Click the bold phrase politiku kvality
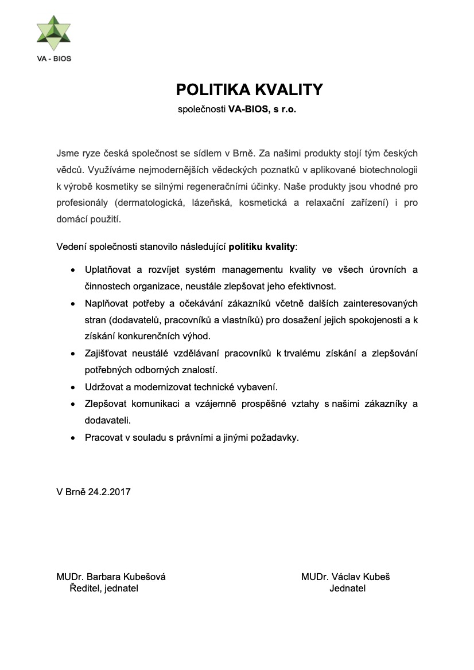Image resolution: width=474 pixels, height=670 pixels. (x=262, y=247)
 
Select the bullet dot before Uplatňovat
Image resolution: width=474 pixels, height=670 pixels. (x=72, y=269)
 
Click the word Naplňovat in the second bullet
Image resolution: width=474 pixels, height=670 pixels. (x=105, y=303)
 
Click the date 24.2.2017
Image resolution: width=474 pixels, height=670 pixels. (x=109, y=492)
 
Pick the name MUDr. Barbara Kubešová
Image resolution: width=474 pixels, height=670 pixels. (x=111, y=577)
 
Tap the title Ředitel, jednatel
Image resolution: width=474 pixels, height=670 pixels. (x=104, y=588)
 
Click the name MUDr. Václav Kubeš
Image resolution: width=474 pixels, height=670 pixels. (x=345, y=577)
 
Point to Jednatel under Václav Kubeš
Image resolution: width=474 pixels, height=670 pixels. (x=348, y=588)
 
